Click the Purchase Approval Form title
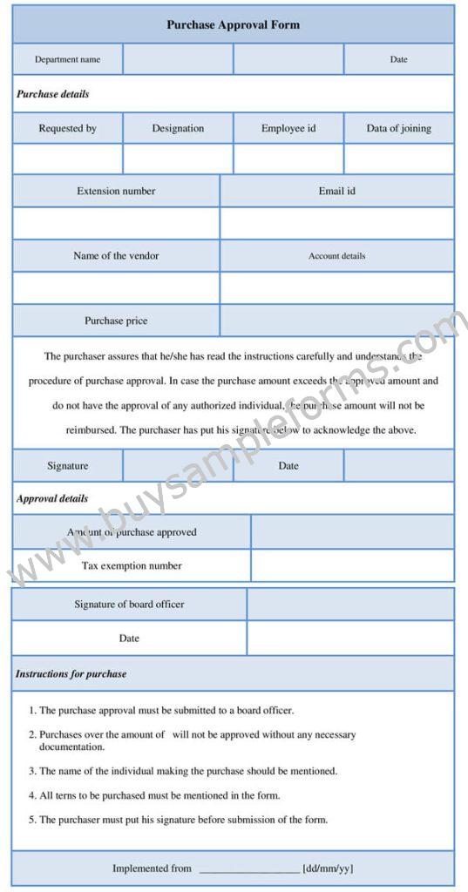(233, 25)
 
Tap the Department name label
(67, 60)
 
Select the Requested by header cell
(67, 128)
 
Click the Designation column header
(178, 128)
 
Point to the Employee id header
(288, 128)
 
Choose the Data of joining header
(398, 128)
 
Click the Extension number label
(116, 191)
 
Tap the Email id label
(336, 191)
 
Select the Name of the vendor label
(116, 256)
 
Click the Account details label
(336, 256)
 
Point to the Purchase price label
(116, 321)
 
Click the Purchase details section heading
(52, 94)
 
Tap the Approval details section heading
(52, 499)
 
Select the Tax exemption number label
(132, 565)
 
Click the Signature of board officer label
(129, 604)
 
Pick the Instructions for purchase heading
(71, 674)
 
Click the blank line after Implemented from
(249, 868)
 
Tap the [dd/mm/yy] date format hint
(328, 868)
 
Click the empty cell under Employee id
(288, 159)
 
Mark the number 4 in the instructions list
(31, 795)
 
